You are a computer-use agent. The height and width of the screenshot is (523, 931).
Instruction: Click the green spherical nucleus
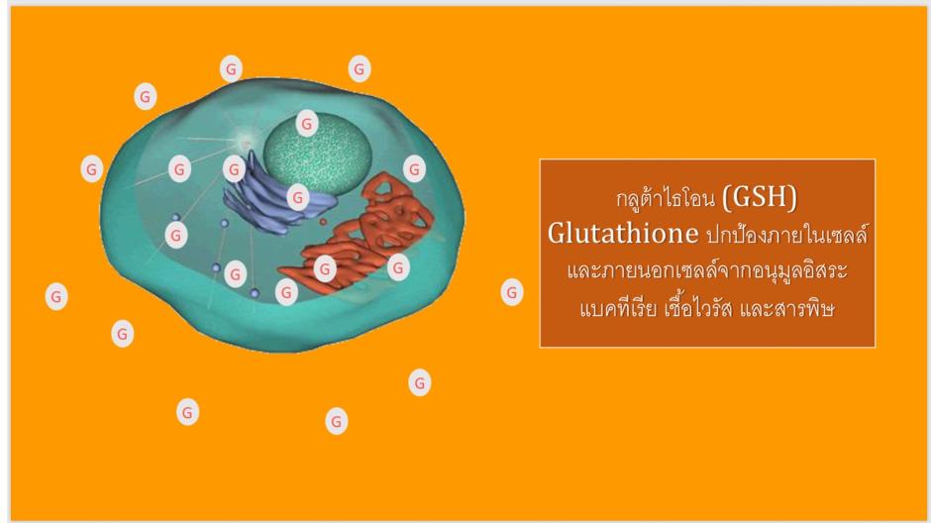tap(318, 155)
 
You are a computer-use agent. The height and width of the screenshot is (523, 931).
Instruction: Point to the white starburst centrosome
tap(245, 142)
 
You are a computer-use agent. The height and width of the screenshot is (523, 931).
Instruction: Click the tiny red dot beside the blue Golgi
tap(323, 222)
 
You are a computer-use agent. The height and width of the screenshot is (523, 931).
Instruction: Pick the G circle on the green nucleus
tap(307, 124)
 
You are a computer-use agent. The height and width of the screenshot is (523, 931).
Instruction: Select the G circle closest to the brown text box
tap(512, 292)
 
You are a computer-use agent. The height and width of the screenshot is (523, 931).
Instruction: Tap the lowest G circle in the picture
tap(336, 421)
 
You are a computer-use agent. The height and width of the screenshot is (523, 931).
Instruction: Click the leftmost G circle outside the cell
tap(56, 296)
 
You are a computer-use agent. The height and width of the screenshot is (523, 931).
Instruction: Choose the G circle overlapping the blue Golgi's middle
tap(298, 197)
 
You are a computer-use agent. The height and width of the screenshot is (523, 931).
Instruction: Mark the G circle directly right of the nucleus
tap(414, 169)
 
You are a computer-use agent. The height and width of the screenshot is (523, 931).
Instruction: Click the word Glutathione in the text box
tap(623, 234)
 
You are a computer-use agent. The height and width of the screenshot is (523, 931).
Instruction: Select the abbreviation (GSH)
tap(760, 197)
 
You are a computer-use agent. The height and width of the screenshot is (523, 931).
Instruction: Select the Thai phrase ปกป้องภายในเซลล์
tap(786, 234)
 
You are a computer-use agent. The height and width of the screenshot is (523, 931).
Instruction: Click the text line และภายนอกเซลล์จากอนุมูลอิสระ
tap(706, 270)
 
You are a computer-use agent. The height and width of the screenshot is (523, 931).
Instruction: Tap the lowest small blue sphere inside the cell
tap(255, 293)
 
